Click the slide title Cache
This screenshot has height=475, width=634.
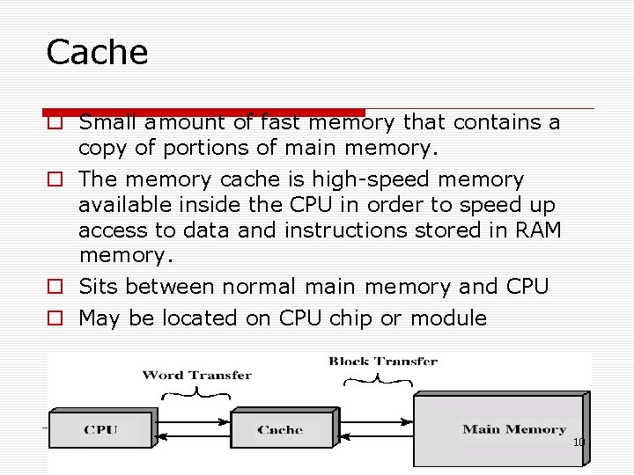[97, 53]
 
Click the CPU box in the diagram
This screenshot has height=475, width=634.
[100, 429]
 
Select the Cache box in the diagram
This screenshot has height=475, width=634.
[280, 429]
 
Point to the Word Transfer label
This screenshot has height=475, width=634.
[196, 376]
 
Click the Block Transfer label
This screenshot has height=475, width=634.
[383, 361]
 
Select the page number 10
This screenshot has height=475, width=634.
[579, 442]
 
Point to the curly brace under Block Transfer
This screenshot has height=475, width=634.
[377, 380]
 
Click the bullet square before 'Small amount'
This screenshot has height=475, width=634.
[55, 121]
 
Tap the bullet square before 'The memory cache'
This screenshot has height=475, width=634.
[55, 180]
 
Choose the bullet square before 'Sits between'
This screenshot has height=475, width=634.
[55, 288]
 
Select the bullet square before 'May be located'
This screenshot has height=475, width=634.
[55, 319]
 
